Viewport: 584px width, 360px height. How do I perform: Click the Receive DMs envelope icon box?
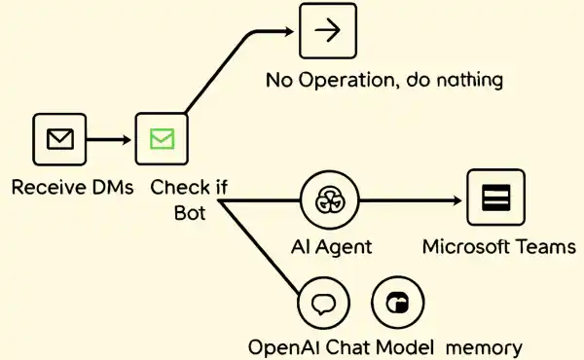(x=60, y=140)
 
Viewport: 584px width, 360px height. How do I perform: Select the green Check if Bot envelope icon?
(x=162, y=140)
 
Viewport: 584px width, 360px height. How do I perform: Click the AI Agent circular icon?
(x=327, y=201)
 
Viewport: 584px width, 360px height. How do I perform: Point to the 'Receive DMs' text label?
(x=72, y=188)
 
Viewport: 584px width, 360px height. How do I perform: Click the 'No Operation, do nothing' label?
(x=384, y=79)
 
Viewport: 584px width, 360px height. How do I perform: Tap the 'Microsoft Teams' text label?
(x=498, y=246)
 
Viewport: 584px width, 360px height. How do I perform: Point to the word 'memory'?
(x=485, y=346)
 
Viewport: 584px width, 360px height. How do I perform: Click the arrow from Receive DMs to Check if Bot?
(x=110, y=140)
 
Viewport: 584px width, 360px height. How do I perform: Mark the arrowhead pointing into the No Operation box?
(x=288, y=30)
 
